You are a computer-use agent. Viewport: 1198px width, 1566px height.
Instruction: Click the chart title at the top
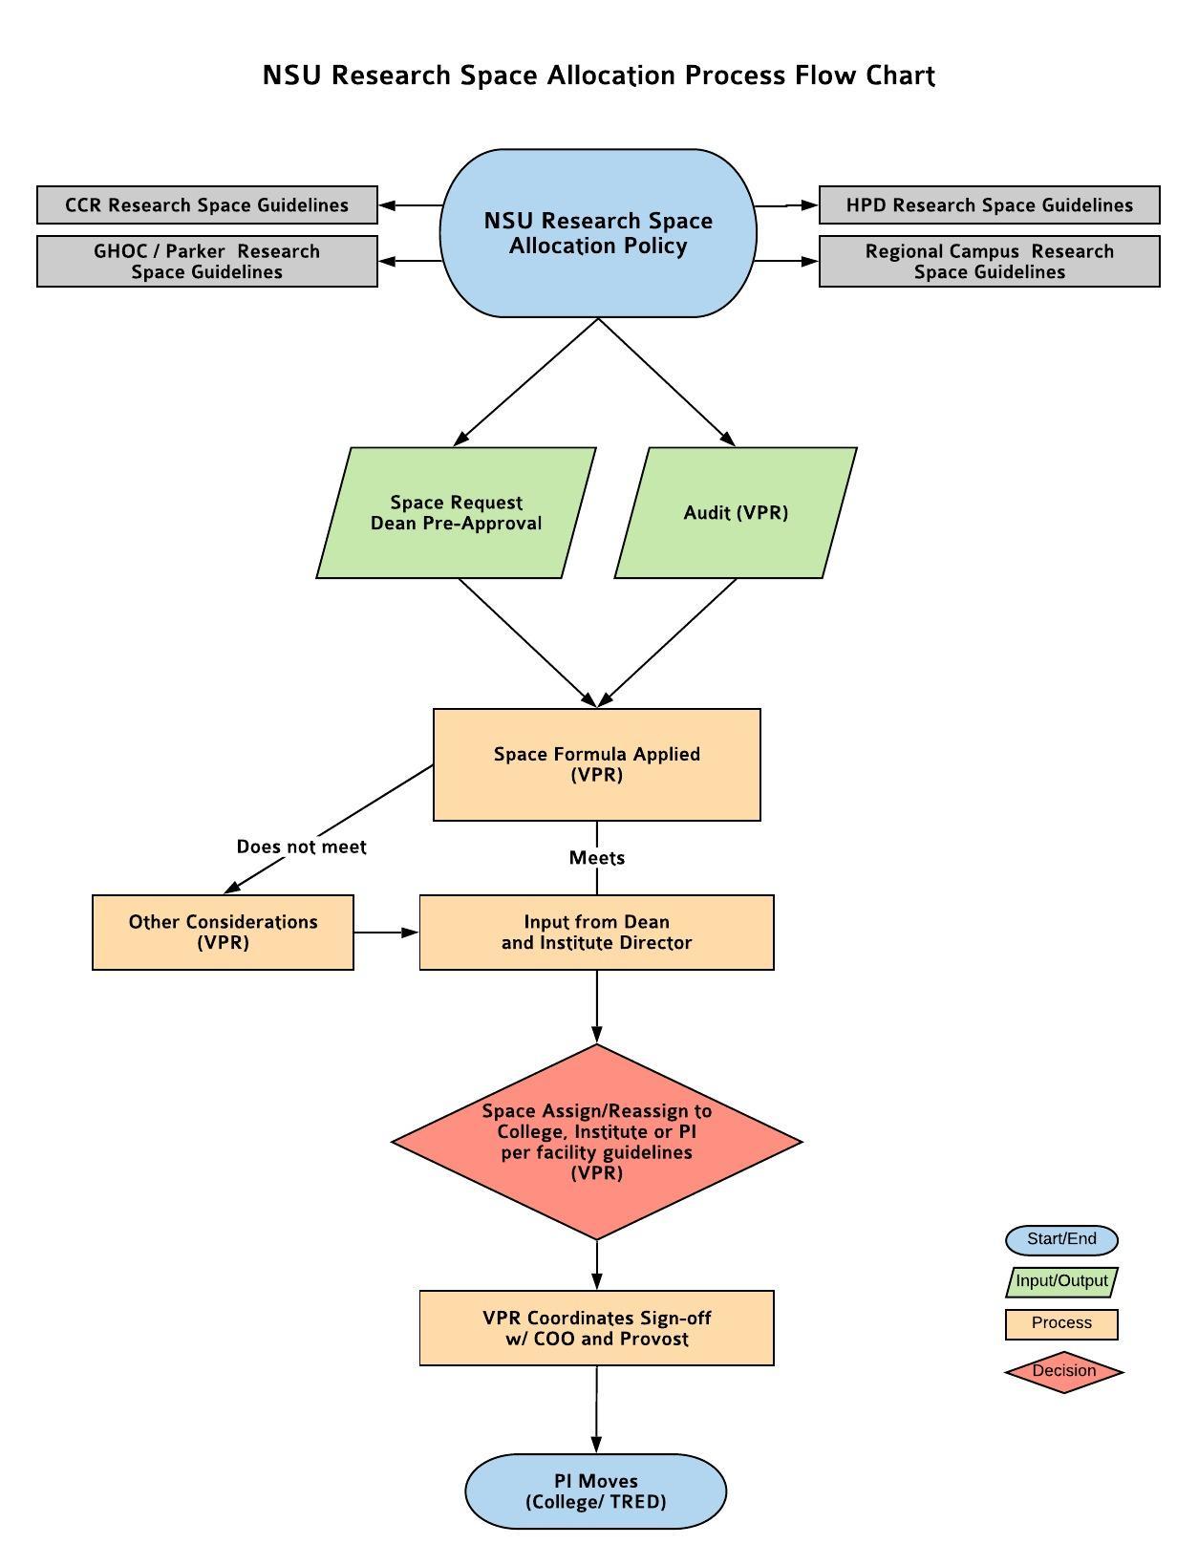tap(598, 75)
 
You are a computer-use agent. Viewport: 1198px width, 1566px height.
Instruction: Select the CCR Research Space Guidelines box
tap(206, 204)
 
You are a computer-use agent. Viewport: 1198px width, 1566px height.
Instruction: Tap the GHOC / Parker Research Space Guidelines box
tap(206, 261)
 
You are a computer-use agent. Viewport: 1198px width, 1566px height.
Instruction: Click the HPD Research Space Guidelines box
tap(989, 204)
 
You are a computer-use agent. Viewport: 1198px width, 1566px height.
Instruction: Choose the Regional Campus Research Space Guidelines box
tap(989, 261)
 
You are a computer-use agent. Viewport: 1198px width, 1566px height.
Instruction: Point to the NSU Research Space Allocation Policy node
tap(598, 232)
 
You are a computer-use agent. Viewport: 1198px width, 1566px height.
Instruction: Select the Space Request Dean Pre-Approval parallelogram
tap(456, 512)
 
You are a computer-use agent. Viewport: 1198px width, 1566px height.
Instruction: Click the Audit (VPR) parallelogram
tap(736, 512)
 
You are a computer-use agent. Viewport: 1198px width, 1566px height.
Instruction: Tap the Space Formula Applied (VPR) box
tap(597, 764)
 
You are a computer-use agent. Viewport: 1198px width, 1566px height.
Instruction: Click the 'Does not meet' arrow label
tap(301, 847)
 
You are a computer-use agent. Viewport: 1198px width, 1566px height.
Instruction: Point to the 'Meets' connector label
tap(597, 858)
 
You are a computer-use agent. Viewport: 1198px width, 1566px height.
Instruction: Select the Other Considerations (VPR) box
tap(223, 932)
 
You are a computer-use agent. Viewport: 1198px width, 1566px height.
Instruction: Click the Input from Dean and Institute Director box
tap(597, 932)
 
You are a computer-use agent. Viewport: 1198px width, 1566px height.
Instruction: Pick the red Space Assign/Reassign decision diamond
tap(597, 1142)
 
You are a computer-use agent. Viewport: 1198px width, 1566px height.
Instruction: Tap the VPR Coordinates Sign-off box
tap(597, 1328)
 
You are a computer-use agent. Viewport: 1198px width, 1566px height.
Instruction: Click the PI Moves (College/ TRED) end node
tap(596, 1491)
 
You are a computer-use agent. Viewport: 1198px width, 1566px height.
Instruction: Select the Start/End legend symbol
tap(1061, 1240)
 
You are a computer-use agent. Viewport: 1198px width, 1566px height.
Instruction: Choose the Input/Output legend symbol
tap(1061, 1282)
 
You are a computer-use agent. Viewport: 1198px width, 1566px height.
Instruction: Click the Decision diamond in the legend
tap(1064, 1371)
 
